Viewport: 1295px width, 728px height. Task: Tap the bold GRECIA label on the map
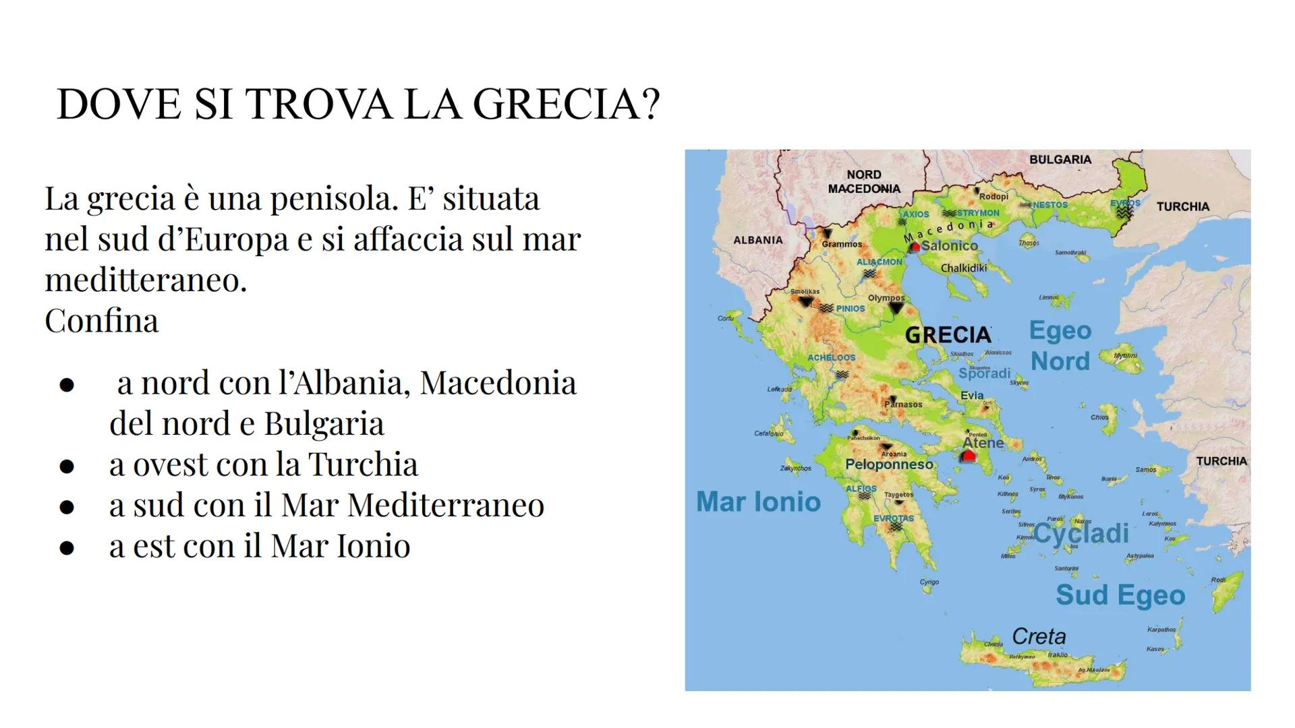click(x=948, y=335)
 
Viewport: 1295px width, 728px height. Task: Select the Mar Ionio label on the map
click(x=758, y=502)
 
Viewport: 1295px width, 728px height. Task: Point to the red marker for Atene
click(x=969, y=456)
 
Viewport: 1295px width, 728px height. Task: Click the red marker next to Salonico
click(x=915, y=247)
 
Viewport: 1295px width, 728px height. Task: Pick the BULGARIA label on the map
click(x=1060, y=160)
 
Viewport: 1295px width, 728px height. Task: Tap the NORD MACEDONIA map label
click(x=864, y=182)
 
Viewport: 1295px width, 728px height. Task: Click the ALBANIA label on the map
click(x=758, y=240)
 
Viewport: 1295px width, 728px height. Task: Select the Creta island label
click(x=1039, y=636)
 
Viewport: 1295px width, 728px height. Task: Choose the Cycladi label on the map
click(x=1081, y=534)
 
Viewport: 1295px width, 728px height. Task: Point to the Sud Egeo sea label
click(x=1120, y=595)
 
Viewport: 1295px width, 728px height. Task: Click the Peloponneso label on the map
click(x=889, y=464)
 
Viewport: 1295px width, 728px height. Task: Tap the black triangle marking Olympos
click(x=896, y=308)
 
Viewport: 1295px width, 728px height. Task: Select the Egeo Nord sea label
click(x=1060, y=346)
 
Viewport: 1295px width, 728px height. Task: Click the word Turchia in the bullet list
click(x=363, y=464)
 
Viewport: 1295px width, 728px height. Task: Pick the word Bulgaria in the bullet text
click(x=324, y=424)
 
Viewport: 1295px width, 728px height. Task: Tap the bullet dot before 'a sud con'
click(x=66, y=506)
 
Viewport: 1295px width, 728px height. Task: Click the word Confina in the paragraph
click(x=102, y=321)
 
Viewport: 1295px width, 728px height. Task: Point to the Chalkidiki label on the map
click(x=964, y=268)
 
